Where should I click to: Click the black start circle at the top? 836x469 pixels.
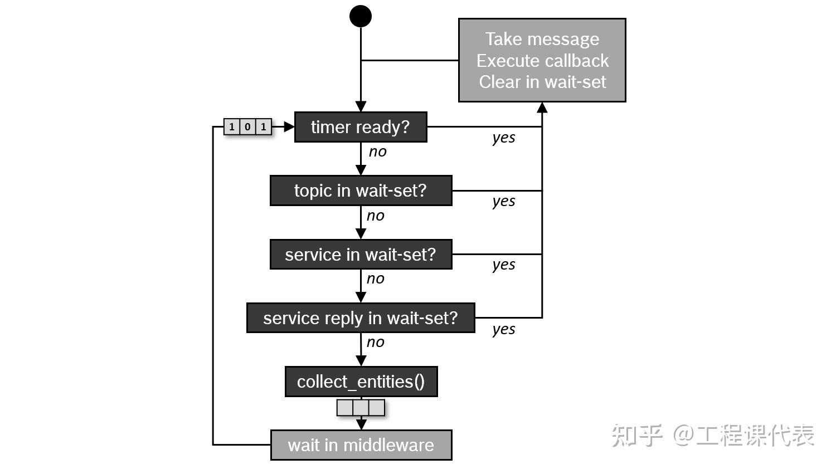361,16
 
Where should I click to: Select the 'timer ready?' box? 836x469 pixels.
360,127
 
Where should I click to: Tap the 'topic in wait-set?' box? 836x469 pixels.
361,190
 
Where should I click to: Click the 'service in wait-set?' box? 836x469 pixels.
361,255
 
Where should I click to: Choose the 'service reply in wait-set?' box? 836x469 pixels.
361,318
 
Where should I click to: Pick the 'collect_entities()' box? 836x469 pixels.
361,382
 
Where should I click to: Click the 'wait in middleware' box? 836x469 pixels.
361,445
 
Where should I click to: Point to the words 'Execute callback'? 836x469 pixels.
542,60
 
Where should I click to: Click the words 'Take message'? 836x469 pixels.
542,39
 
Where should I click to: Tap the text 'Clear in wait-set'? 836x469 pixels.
542,82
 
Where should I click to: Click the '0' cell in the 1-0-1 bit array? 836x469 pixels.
247,127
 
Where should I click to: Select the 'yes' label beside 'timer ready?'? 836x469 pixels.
504,138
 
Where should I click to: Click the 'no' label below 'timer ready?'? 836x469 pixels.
377,152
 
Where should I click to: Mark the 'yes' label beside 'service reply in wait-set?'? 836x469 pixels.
504,329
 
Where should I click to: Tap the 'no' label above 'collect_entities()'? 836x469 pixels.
375,342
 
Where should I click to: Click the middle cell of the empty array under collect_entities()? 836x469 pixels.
361,408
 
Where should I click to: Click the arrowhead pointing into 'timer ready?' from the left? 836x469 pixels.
289,127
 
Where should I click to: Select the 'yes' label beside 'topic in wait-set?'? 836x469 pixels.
504,201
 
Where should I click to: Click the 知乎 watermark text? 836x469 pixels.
637,435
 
